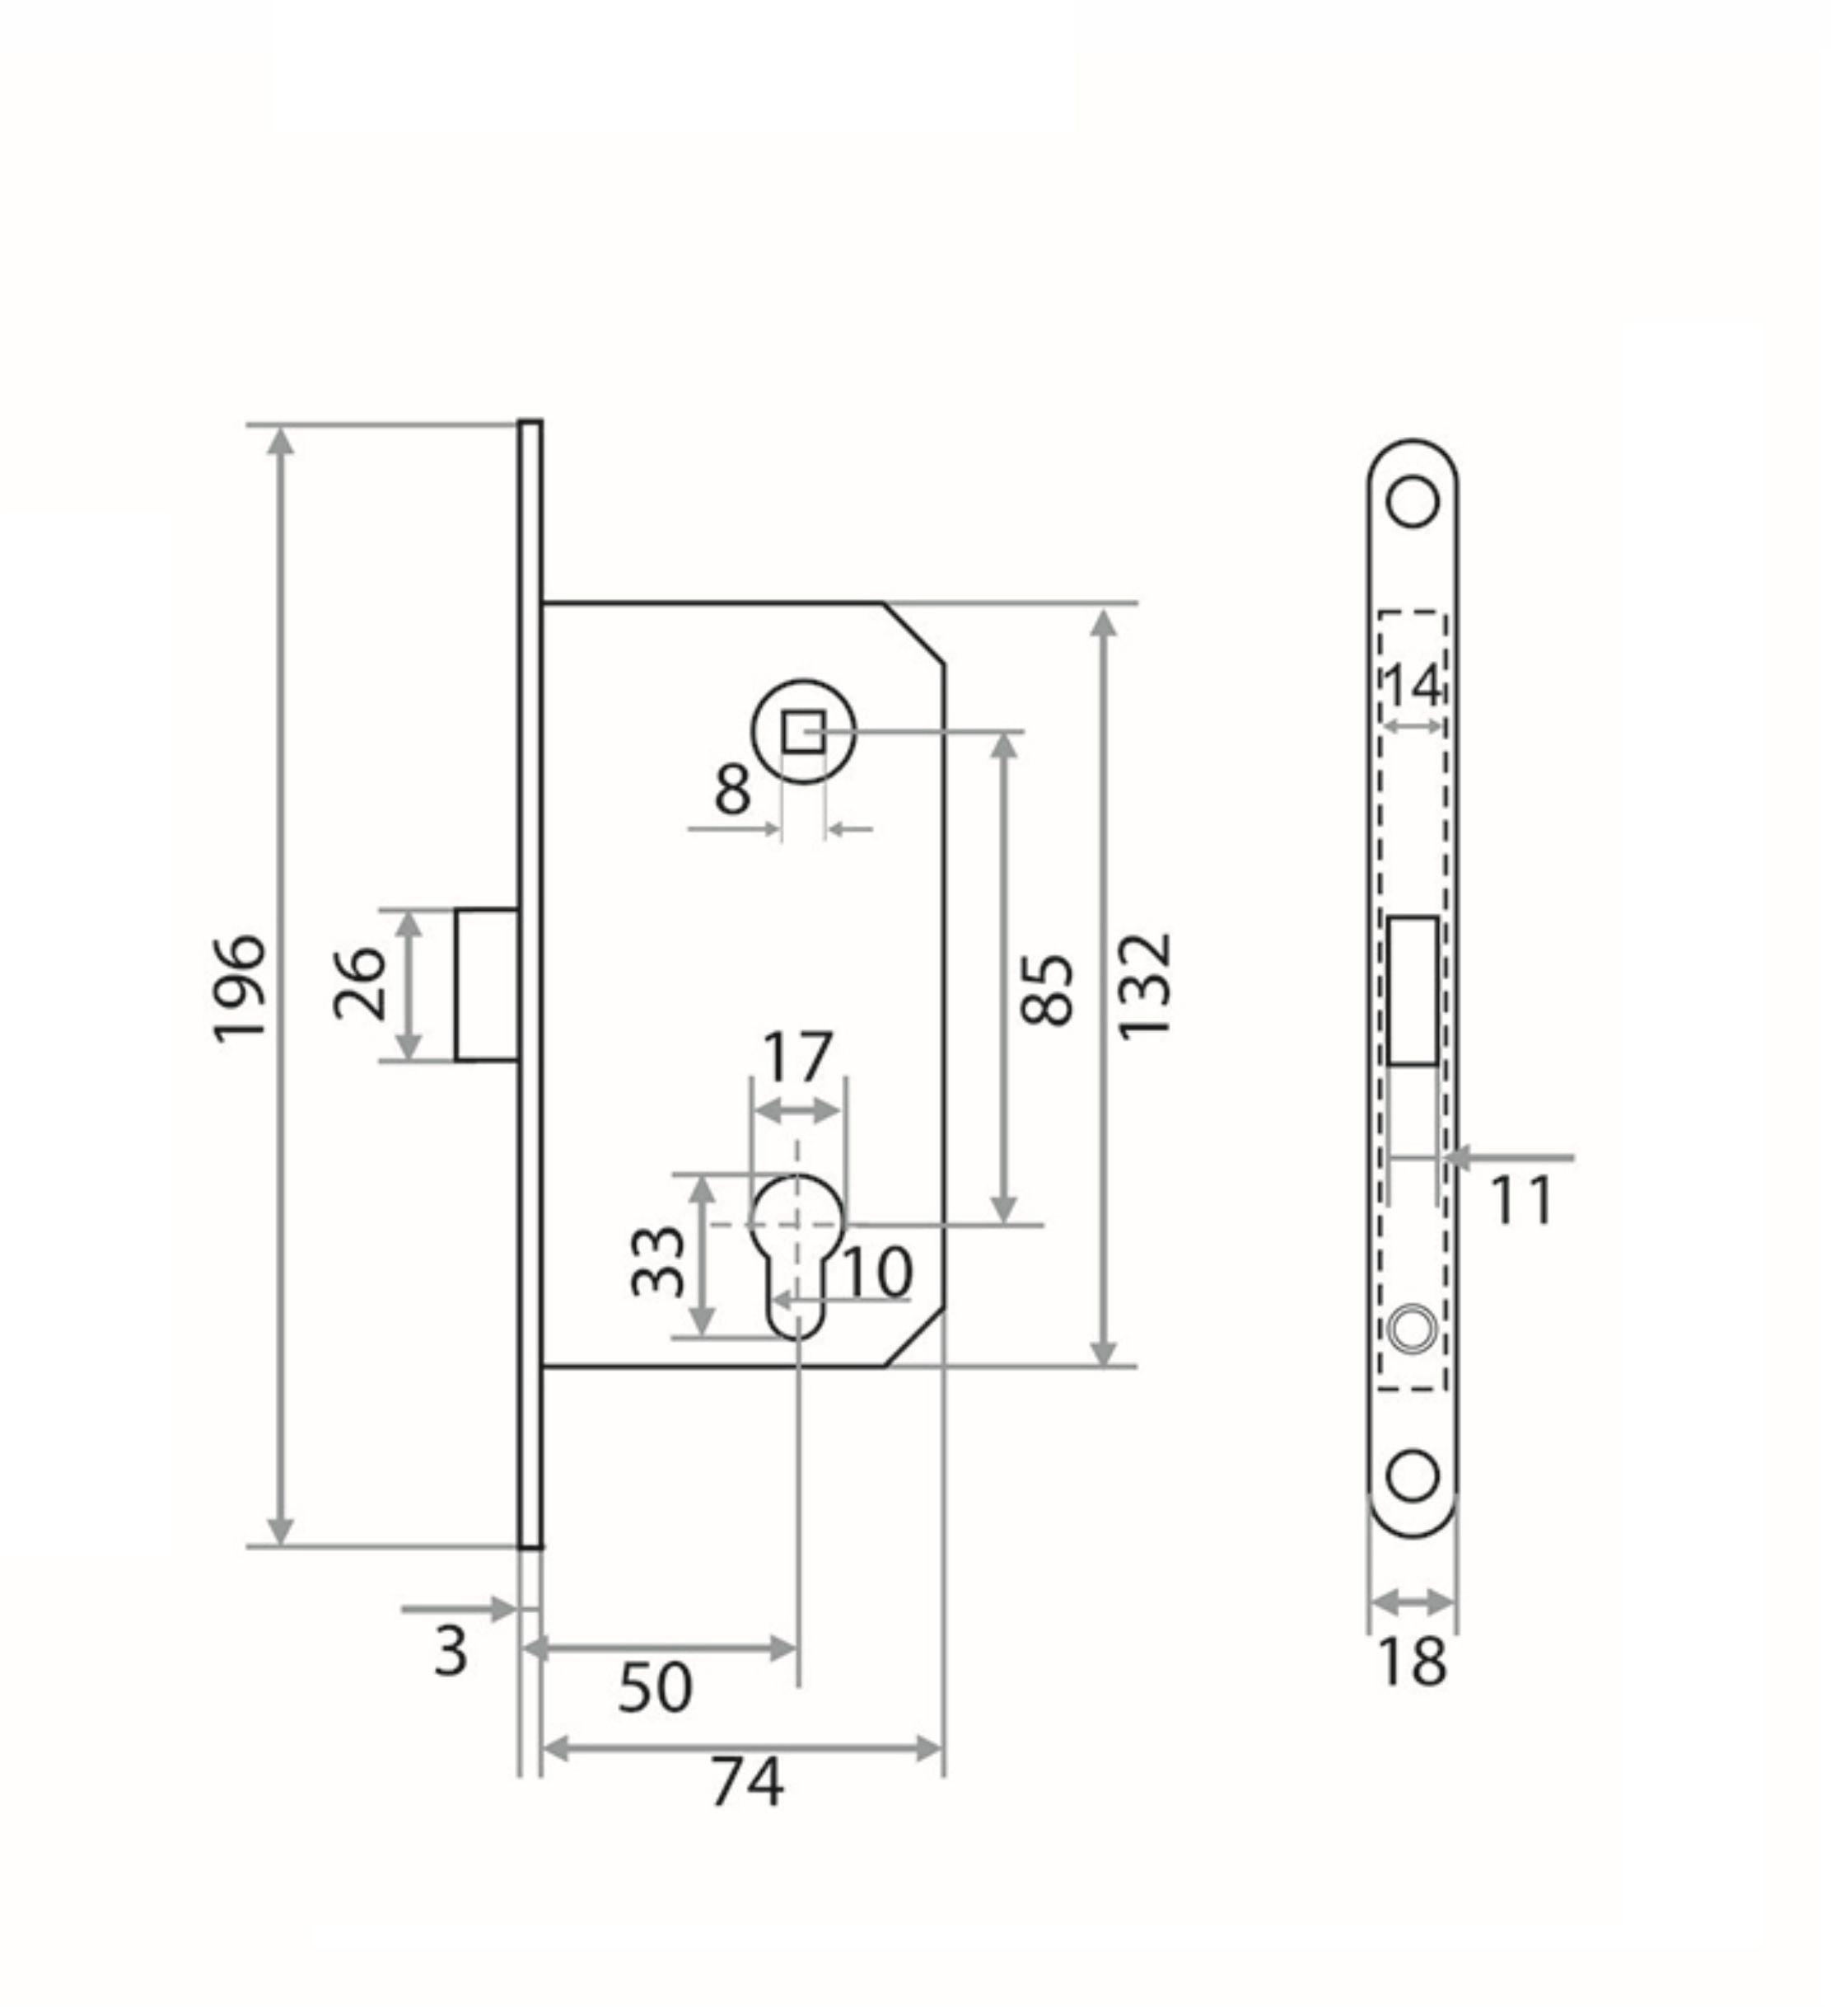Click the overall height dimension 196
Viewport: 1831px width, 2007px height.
239,987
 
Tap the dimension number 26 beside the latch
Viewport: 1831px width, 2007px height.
358,983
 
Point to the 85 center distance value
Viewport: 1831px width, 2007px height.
1047,991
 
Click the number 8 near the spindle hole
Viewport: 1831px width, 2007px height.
732,791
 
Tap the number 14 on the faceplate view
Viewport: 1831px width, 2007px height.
1411,685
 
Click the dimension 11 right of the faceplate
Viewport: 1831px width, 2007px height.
1520,1202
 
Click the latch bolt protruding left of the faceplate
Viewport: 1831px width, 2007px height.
487,983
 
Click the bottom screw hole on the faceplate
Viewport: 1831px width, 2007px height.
1412,1475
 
